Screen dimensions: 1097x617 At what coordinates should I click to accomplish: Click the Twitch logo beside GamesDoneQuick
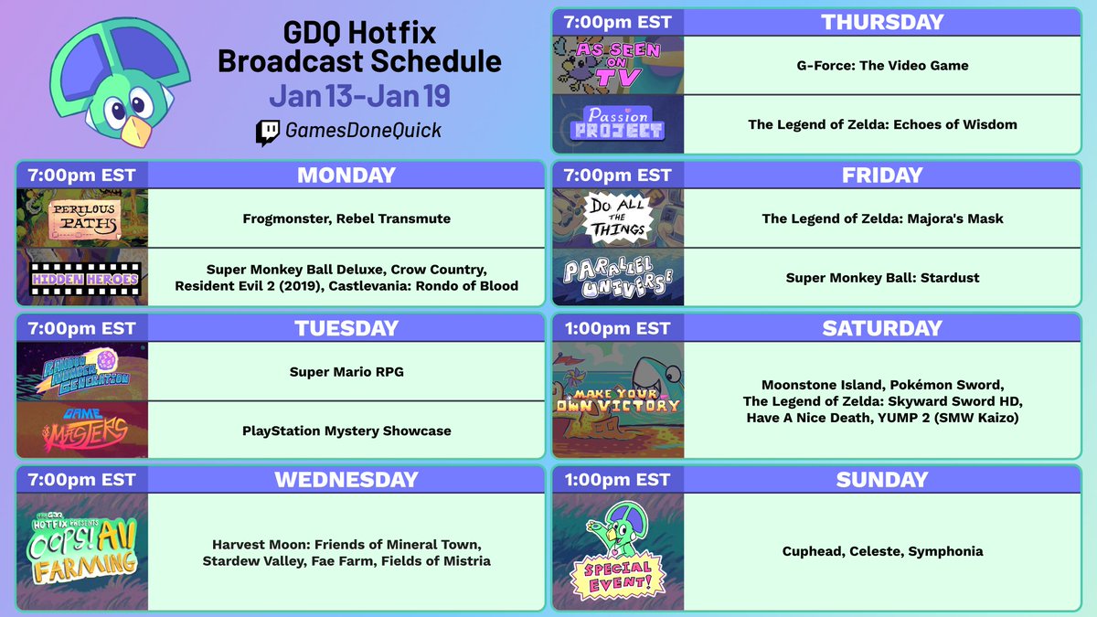coord(267,133)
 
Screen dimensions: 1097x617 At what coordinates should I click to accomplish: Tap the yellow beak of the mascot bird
coord(136,132)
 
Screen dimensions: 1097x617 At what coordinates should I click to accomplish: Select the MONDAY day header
coord(346,176)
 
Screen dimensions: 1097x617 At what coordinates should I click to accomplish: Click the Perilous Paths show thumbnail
coord(82,218)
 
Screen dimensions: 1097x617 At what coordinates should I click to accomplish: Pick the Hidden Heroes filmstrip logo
coord(85,279)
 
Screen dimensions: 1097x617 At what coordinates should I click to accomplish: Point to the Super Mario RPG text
coord(346,372)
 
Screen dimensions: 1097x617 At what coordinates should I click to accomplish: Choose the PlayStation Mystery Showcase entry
coord(346,431)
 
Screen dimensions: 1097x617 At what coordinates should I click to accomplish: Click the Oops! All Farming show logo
coord(82,548)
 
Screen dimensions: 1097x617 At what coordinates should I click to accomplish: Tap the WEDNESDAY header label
coord(346,479)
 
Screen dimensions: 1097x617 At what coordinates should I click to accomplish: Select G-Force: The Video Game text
coord(882,65)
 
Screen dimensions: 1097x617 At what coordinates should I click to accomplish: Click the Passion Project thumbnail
coord(618,124)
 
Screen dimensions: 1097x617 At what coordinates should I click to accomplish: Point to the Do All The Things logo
coord(618,218)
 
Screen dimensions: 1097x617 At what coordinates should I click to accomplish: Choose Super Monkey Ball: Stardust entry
coord(882,278)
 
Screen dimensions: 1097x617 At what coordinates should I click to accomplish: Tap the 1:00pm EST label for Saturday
coord(618,328)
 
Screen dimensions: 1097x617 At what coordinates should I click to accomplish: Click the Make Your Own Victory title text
coord(618,400)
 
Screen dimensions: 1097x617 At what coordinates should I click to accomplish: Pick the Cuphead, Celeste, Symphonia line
coord(882,551)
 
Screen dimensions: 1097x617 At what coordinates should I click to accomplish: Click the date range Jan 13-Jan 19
coord(359,96)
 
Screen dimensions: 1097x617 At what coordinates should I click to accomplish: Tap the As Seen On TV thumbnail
coord(618,65)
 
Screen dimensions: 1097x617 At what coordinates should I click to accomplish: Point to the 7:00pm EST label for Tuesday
coord(81,328)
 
